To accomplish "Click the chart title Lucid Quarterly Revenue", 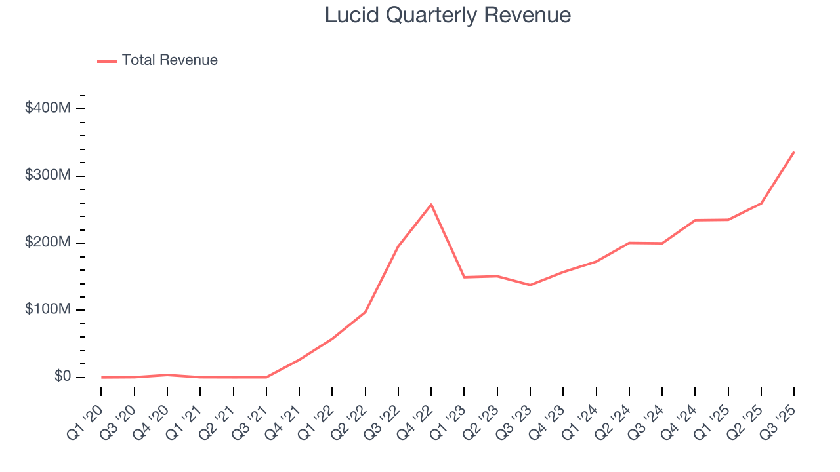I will pos(448,15).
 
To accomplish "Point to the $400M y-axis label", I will pos(47,108).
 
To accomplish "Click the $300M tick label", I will pos(47,176).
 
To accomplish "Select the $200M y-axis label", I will pos(47,243).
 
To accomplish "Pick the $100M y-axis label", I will pos(47,310).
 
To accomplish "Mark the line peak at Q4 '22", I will pos(431,205).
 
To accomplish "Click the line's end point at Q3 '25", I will pos(794,152).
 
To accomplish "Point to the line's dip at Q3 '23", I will pos(530,285).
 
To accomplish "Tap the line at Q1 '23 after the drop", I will pos(464,277).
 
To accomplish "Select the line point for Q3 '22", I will pos(398,246).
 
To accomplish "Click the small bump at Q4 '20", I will pos(167,375).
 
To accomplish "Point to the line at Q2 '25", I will pos(761,203).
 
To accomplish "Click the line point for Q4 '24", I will pos(695,220).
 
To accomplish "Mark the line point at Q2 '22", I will pos(365,312).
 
